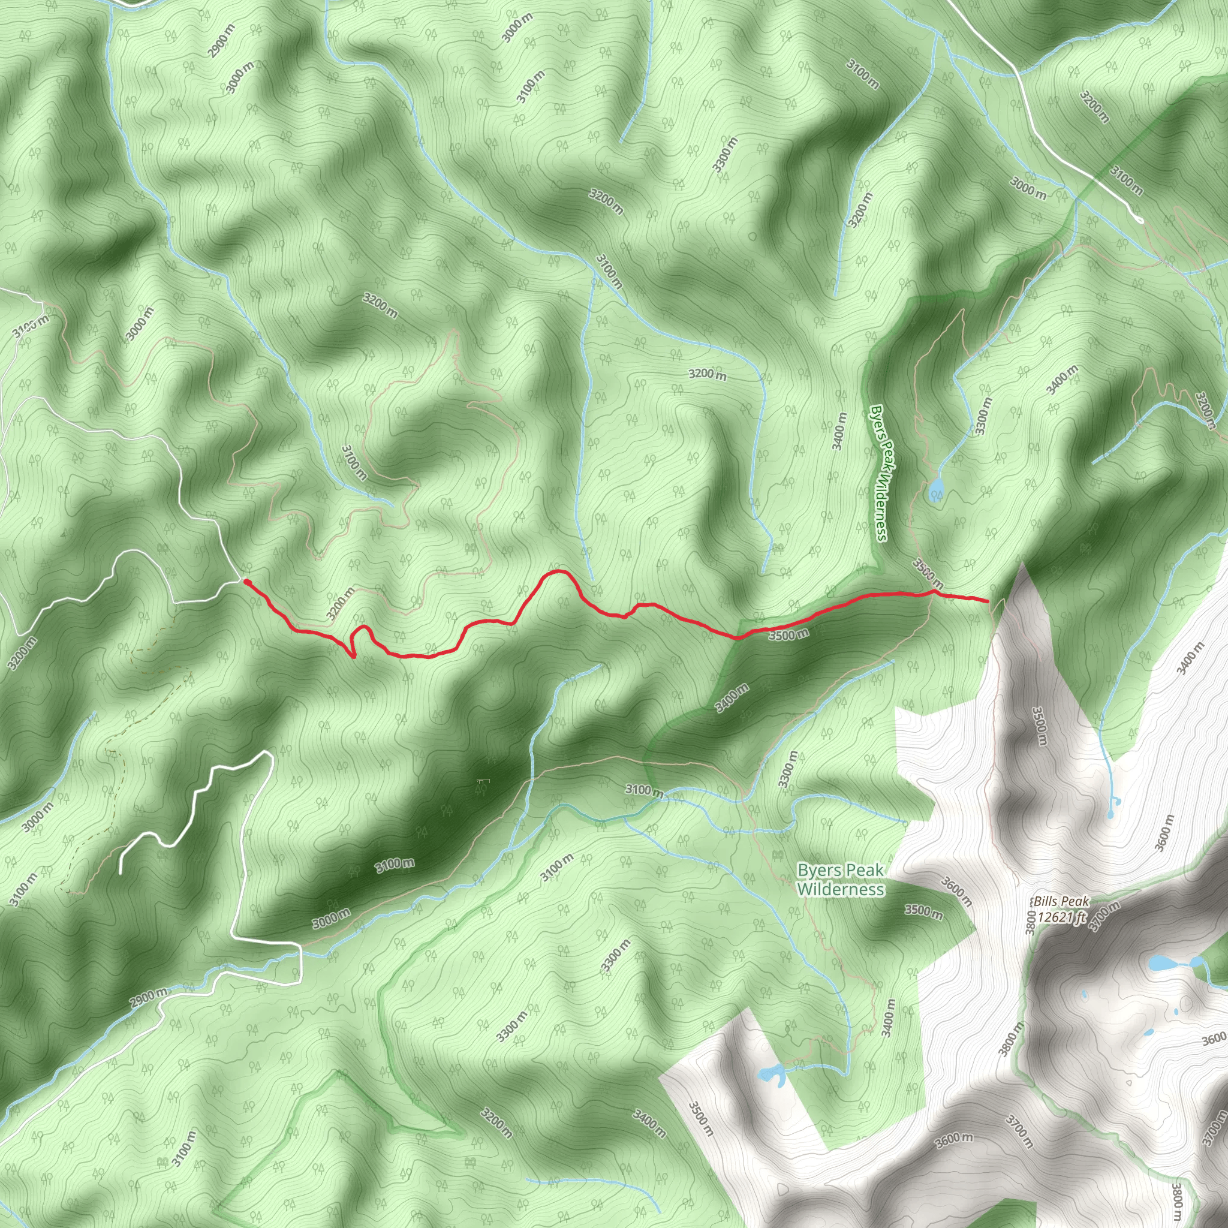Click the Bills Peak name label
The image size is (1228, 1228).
coord(1061,901)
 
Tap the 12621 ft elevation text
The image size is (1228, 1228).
coord(1061,917)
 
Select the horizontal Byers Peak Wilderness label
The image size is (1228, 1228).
coord(840,880)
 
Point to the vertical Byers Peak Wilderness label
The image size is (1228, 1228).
coord(879,473)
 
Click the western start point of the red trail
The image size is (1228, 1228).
coord(246,581)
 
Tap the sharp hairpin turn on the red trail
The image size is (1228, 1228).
coord(353,657)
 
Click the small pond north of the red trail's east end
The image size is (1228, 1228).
coord(935,490)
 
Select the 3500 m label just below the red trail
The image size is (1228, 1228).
coord(788,634)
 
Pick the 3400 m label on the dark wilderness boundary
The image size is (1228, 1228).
coord(732,699)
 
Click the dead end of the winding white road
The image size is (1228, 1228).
coord(121,872)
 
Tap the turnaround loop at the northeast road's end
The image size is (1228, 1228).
coord(1140,221)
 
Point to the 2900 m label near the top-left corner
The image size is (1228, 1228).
coord(221,41)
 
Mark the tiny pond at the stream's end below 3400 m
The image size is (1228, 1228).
coord(1110,814)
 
